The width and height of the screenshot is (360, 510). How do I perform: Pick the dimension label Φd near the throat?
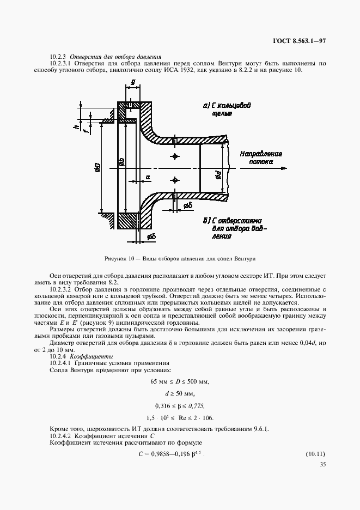pyautogui.click(x=216, y=175)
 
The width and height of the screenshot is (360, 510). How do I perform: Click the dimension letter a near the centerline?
pyautogui.click(x=148, y=178)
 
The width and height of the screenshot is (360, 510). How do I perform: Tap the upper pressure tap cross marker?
pyautogui.click(x=175, y=157)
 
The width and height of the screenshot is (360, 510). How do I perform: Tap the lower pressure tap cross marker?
pyautogui.click(x=175, y=179)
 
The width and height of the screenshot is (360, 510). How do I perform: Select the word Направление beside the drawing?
pyautogui.click(x=261, y=154)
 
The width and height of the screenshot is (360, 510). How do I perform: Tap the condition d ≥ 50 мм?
pyautogui.click(x=179, y=393)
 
